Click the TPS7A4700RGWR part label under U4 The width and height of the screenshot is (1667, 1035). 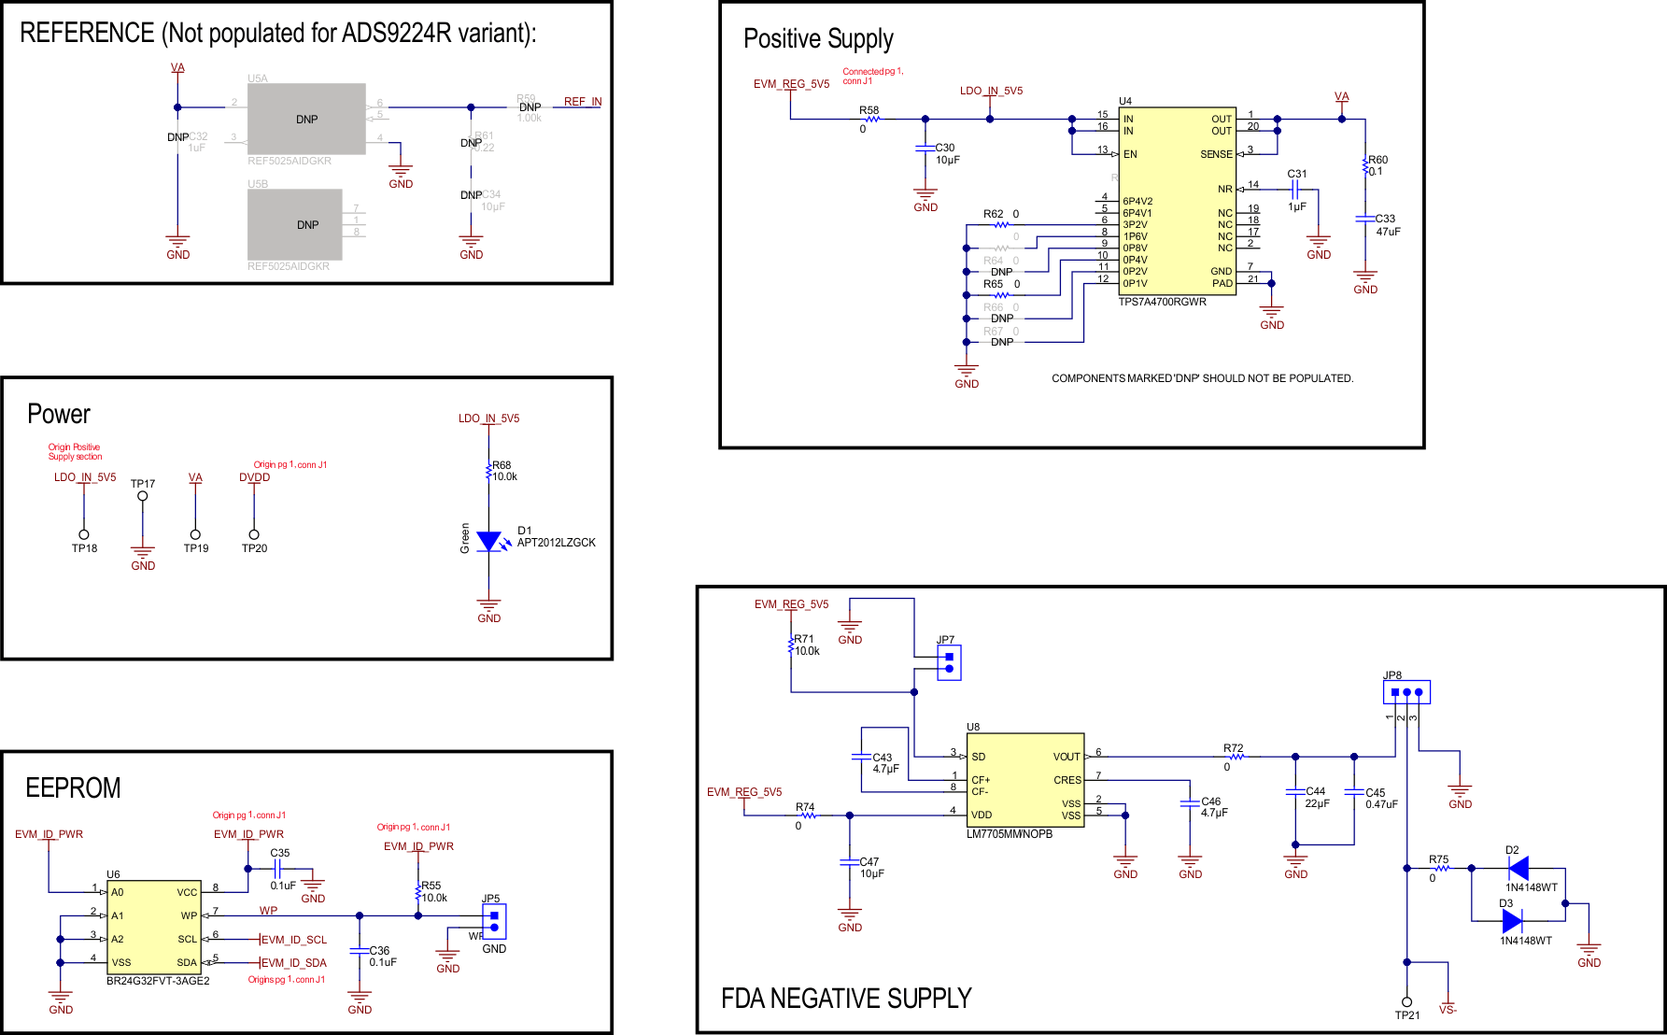point(1162,302)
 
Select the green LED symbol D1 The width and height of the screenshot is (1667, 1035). point(488,542)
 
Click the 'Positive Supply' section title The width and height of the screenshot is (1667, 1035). point(818,39)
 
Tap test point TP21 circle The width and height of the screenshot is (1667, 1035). point(1406,1001)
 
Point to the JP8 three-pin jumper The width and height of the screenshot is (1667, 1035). point(1406,692)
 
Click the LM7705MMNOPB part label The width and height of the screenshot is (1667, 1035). point(1009,834)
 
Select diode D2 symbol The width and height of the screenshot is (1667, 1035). point(1519,869)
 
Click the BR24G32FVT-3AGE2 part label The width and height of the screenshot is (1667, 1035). point(158,981)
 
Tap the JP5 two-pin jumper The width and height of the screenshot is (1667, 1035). point(494,921)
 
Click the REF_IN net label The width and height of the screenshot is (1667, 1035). point(583,102)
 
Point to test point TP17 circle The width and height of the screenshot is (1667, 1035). point(143,496)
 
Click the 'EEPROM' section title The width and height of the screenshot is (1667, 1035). point(73,788)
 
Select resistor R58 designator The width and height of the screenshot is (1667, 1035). point(869,110)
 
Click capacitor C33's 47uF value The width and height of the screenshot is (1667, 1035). point(1388,232)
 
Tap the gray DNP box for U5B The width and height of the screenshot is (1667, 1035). point(295,225)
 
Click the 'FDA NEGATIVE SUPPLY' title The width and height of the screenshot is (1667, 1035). point(846,999)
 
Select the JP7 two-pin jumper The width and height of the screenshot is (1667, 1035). point(949,662)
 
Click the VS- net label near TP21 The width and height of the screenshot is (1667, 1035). point(1448,1010)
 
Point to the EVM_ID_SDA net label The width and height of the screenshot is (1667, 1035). point(293,963)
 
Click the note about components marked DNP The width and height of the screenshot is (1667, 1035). point(1202,378)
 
